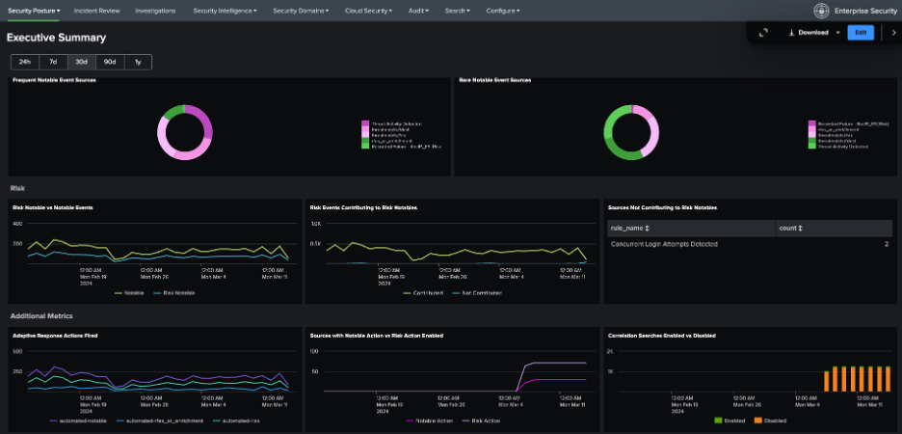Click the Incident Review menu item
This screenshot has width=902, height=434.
(x=96, y=10)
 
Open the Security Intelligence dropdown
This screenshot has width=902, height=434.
(x=225, y=10)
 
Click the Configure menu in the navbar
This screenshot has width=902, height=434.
(x=502, y=10)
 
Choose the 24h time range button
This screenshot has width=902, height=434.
(x=25, y=62)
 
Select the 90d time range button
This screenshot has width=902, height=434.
(x=110, y=62)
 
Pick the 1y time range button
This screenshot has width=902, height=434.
(x=138, y=62)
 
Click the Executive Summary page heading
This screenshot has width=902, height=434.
(x=56, y=38)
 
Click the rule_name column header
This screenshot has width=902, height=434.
(x=630, y=228)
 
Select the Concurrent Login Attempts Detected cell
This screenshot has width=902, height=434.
(x=664, y=245)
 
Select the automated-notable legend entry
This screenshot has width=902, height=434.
(x=80, y=420)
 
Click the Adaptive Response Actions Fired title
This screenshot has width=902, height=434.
(x=54, y=335)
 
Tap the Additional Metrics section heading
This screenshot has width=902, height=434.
(x=41, y=315)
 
